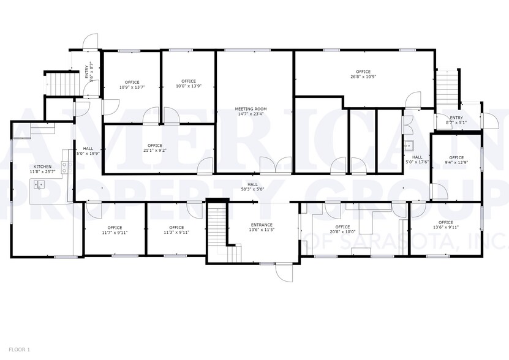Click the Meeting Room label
(251, 109)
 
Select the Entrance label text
(261, 225)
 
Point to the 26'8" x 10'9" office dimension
(363, 77)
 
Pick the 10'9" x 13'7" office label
(132, 82)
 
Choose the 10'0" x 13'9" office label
(188, 81)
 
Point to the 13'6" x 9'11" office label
(445, 222)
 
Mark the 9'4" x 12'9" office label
(456, 157)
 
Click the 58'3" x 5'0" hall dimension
(252, 189)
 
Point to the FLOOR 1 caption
(20, 349)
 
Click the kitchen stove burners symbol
(64, 167)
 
